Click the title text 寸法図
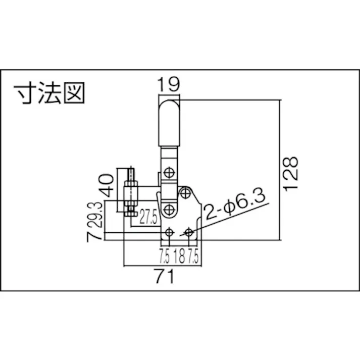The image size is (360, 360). point(49,93)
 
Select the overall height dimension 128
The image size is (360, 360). point(291,173)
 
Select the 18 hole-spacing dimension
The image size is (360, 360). point(179,256)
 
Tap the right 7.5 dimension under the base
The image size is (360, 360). point(193,256)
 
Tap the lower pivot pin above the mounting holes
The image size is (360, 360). point(169,209)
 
